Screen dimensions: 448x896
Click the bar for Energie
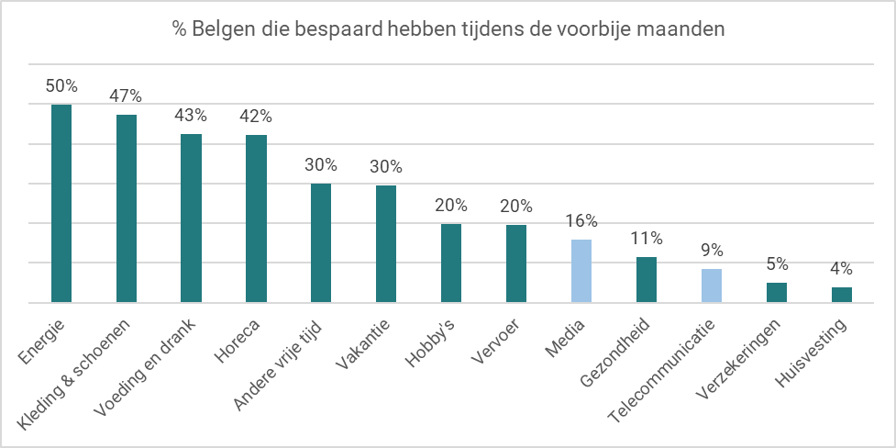[x=61, y=203]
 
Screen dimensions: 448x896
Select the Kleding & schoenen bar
[x=127, y=208]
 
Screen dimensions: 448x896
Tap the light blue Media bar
[x=581, y=271]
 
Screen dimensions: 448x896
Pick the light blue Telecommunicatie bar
[x=712, y=286]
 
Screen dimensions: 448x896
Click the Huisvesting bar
[x=841, y=295]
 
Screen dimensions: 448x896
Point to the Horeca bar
[x=257, y=218]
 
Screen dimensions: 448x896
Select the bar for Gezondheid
[x=647, y=279]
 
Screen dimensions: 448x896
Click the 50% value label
[x=61, y=86]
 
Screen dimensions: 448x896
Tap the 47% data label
[x=127, y=96]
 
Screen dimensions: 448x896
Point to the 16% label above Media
[x=581, y=221]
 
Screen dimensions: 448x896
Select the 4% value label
[x=841, y=269]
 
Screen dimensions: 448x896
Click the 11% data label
[x=647, y=239]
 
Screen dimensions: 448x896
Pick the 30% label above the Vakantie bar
[x=386, y=166]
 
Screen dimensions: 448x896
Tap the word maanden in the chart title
[x=689, y=29]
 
